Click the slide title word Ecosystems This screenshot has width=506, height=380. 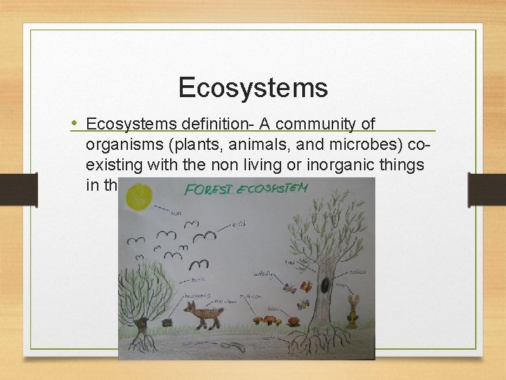[x=252, y=88]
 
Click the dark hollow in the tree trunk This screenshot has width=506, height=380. [x=325, y=284]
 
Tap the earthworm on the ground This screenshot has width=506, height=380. [x=231, y=346]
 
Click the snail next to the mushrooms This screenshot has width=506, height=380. [x=291, y=322]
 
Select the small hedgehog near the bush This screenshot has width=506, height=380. [x=168, y=322]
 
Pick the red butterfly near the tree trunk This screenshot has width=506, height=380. [x=306, y=286]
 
